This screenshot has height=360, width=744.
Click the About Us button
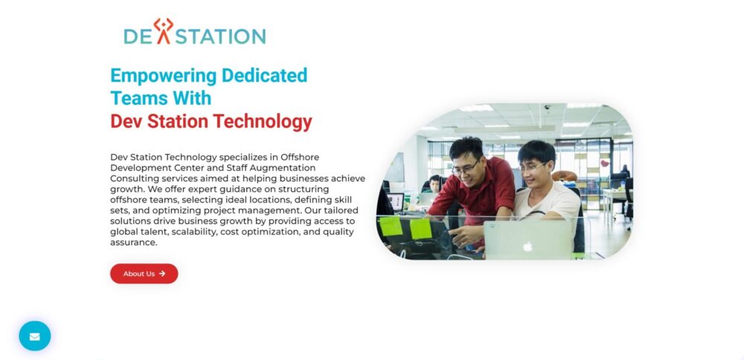(144, 274)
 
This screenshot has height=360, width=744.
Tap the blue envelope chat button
(35, 335)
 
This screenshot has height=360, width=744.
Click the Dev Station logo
(194, 32)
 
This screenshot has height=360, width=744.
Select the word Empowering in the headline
(163, 75)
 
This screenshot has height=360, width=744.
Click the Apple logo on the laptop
(527, 246)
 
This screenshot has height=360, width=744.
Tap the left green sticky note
(391, 226)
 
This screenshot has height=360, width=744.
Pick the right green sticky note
(420, 228)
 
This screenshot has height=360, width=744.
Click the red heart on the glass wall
(604, 163)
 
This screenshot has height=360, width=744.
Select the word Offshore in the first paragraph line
(300, 157)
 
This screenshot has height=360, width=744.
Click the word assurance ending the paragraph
(134, 242)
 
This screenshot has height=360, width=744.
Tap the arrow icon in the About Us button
(162, 274)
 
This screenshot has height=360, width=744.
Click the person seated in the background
(434, 184)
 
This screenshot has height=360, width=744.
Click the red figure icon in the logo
(164, 31)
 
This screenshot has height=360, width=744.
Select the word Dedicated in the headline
(264, 75)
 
